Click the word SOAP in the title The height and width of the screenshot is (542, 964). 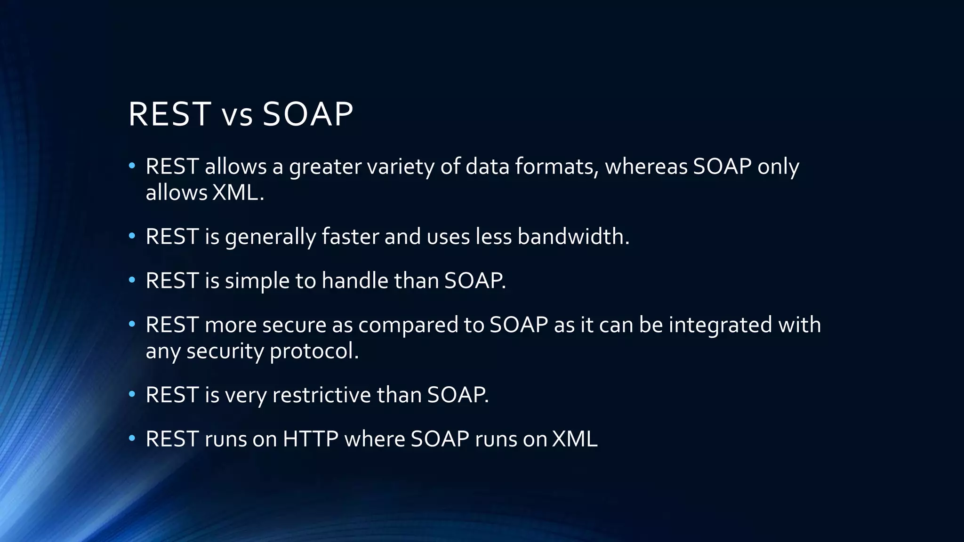[307, 114]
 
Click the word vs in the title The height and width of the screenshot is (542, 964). [237, 116]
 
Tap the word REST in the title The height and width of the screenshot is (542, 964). [169, 114]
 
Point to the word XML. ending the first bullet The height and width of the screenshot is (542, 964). [238, 192]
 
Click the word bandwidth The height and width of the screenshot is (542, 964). [573, 237]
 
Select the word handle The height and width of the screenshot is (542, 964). [355, 281]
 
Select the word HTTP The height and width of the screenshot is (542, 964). [310, 439]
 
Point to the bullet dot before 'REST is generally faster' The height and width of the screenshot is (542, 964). [132, 236]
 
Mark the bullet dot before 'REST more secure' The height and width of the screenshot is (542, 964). [132, 325]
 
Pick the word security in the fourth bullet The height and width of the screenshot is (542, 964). [225, 351]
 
